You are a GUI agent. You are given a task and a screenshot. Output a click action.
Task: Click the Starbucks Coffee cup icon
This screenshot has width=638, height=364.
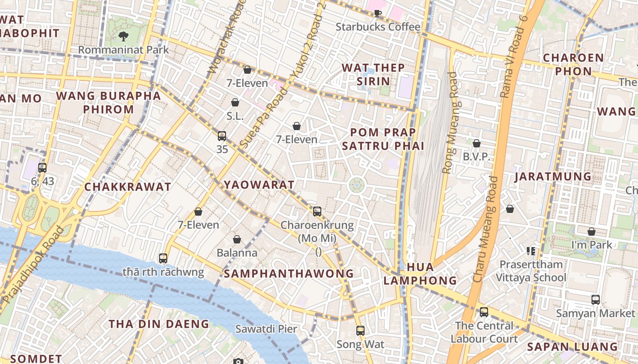click(377, 13)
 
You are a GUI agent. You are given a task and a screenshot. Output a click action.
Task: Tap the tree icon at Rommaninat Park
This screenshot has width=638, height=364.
click(123, 36)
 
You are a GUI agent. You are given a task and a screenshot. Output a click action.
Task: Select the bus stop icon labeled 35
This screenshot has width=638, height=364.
click(222, 136)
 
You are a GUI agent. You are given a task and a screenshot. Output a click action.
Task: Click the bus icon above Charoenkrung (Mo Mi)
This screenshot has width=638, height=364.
click(317, 211)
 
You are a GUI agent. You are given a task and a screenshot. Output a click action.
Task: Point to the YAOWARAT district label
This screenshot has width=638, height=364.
click(259, 185)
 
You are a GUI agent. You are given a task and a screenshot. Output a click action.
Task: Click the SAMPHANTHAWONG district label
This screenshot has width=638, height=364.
click(288, 273)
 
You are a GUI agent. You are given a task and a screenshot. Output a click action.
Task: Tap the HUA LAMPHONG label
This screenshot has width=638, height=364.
click(420, 273)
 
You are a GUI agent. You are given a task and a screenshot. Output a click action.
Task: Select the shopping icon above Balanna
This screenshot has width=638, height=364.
click(237, 239)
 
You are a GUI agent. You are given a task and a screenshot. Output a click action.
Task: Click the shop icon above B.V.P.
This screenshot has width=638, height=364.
click(477, 143)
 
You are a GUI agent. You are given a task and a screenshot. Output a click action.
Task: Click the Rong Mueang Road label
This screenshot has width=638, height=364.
click(451, 123)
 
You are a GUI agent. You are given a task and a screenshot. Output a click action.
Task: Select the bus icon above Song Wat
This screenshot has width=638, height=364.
click(360, 330)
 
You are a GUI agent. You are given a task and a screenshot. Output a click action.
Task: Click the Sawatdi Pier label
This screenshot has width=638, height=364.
click(266, 329)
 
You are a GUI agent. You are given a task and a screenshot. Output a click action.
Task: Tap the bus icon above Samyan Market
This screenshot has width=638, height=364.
click(596, 299)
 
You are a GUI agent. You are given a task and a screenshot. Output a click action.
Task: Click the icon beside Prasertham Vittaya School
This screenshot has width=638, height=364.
click(530, 251)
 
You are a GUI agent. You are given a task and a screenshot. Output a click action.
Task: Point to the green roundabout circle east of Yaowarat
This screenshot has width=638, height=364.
click(357, 185)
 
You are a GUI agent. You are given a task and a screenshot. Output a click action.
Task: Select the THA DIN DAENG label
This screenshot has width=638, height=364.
click(159, 324)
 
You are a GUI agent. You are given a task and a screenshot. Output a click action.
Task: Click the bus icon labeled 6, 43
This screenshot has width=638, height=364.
click(42, 167)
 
